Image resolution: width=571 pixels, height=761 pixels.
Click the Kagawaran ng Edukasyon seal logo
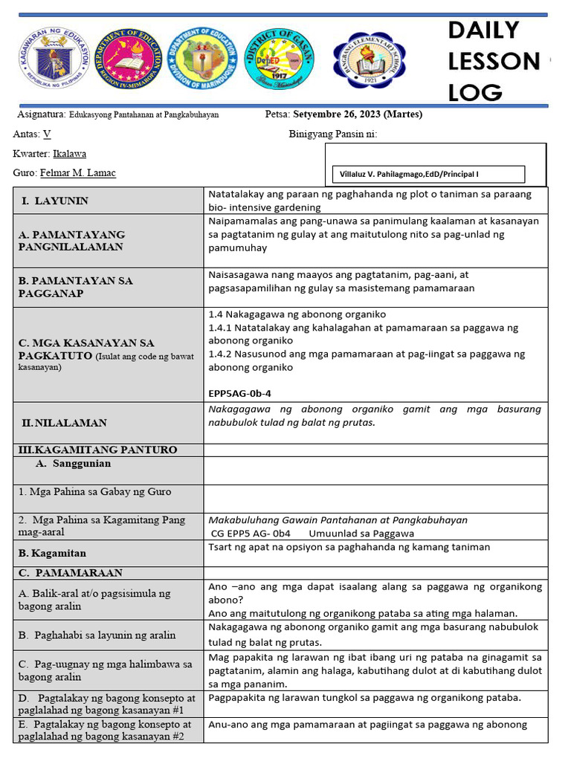coord(53,62)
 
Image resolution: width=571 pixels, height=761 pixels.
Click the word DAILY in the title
coord(483,30)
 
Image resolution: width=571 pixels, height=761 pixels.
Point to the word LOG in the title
coord(476,92)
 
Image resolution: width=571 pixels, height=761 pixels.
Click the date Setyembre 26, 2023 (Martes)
coord(358,114)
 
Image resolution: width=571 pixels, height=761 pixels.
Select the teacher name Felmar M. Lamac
coord(77,172)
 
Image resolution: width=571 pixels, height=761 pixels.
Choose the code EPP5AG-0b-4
coord(245,393)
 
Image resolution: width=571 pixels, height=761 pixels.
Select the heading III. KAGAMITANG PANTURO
coord(97,450)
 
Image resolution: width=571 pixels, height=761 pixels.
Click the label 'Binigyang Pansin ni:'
coord(332,134)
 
